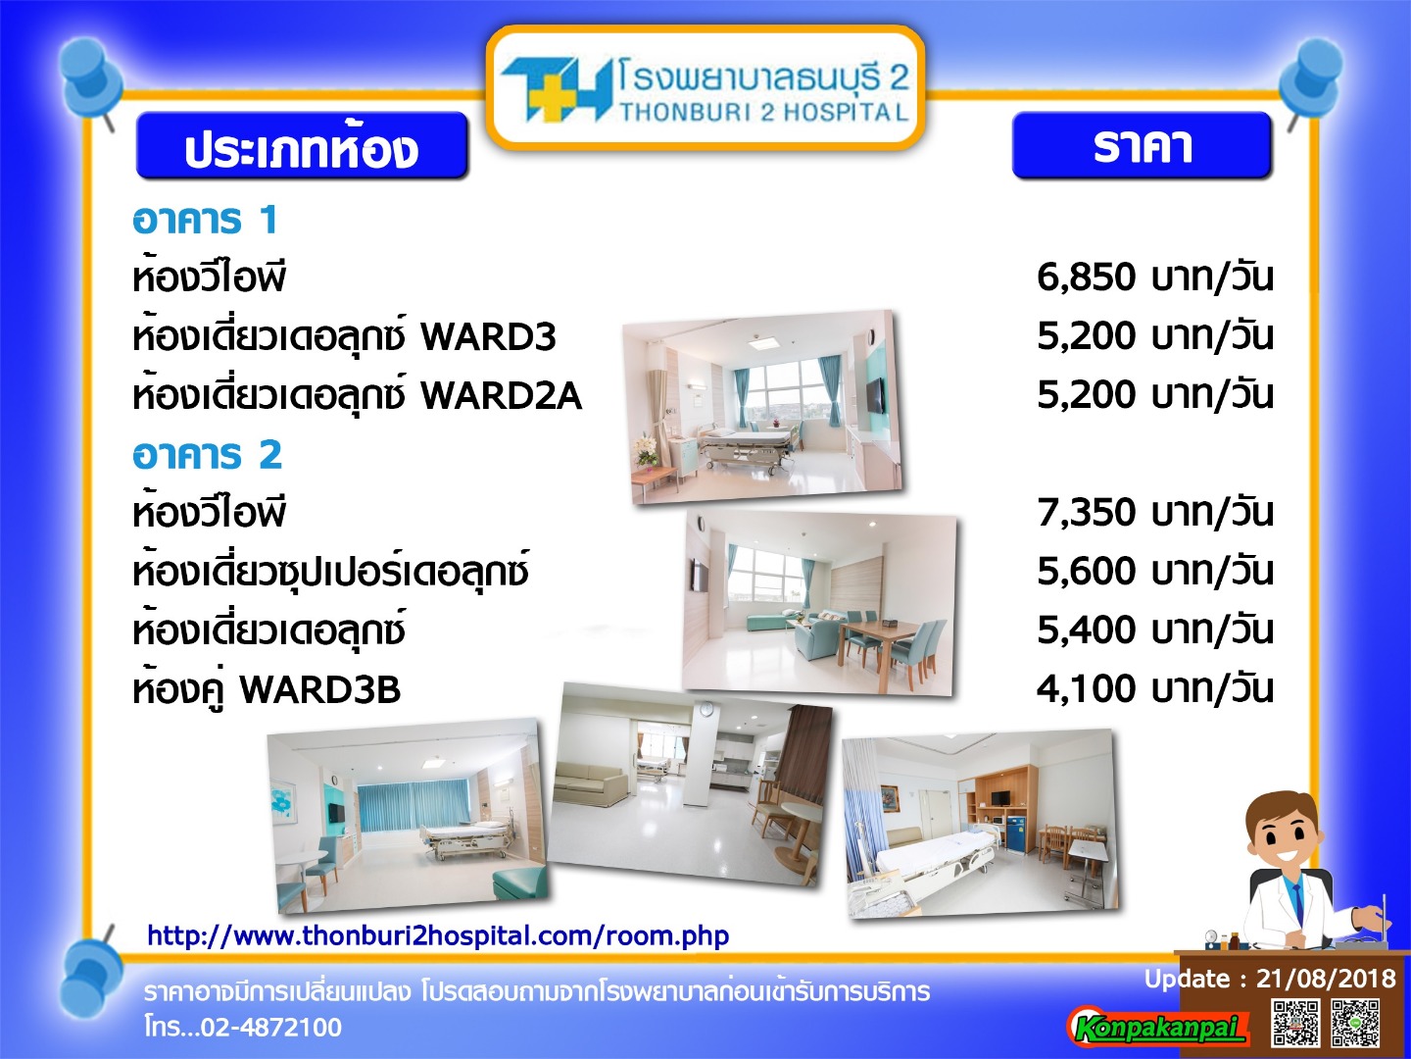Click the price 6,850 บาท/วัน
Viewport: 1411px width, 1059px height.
pos(1154,277)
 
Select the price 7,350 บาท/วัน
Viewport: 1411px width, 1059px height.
pos(1154,513)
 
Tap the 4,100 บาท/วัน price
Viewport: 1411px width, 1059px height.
pos(1154,689)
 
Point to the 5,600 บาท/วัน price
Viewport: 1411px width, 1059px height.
pos(1154,571)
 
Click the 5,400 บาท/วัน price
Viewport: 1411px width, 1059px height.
pos(1154,630)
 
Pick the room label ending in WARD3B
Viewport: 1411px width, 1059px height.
pos(267,689)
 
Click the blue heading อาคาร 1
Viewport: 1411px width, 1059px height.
pos(205,220)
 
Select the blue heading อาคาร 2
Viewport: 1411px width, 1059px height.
pos(207,455)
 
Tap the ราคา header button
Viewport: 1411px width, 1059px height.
pos(1142,145)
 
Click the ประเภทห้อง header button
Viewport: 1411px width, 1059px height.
pos(302,146)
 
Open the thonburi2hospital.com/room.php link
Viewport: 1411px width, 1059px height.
pos(438,935)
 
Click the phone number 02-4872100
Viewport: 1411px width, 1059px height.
pos(271,1027)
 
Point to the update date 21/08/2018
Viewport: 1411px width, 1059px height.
pos(1326,978)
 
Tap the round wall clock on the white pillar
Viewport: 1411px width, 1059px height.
pos(705,709)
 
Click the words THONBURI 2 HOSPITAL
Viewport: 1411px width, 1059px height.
pos(763,113)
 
